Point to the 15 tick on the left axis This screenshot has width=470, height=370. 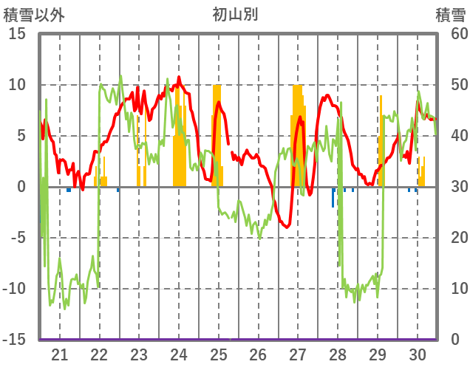(x=17, y=34)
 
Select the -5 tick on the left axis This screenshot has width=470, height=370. (x=17, y=238)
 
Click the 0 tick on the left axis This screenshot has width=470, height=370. (x=21, y=187)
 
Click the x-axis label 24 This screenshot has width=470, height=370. (x=179, y=354)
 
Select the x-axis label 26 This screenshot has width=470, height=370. (x=258, y=354)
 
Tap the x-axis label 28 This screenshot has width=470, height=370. (x=338, y=354)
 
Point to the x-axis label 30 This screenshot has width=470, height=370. (x=418, y=354)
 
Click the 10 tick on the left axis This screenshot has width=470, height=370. (x=17, y=85)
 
